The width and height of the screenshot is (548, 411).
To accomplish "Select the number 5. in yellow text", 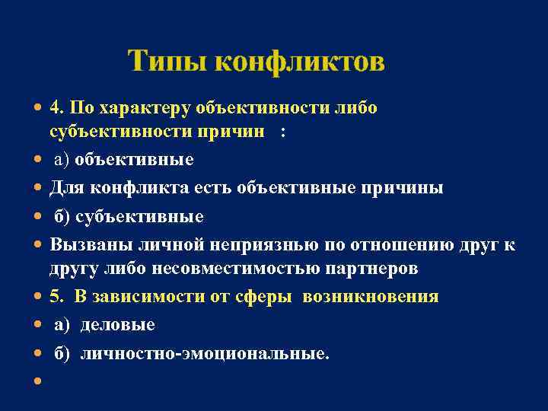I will point(58,297).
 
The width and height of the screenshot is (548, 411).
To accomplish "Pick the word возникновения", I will point(370,297).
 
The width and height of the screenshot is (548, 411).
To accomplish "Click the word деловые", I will point(117,325).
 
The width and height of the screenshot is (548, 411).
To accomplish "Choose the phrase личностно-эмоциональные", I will point(205,354).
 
